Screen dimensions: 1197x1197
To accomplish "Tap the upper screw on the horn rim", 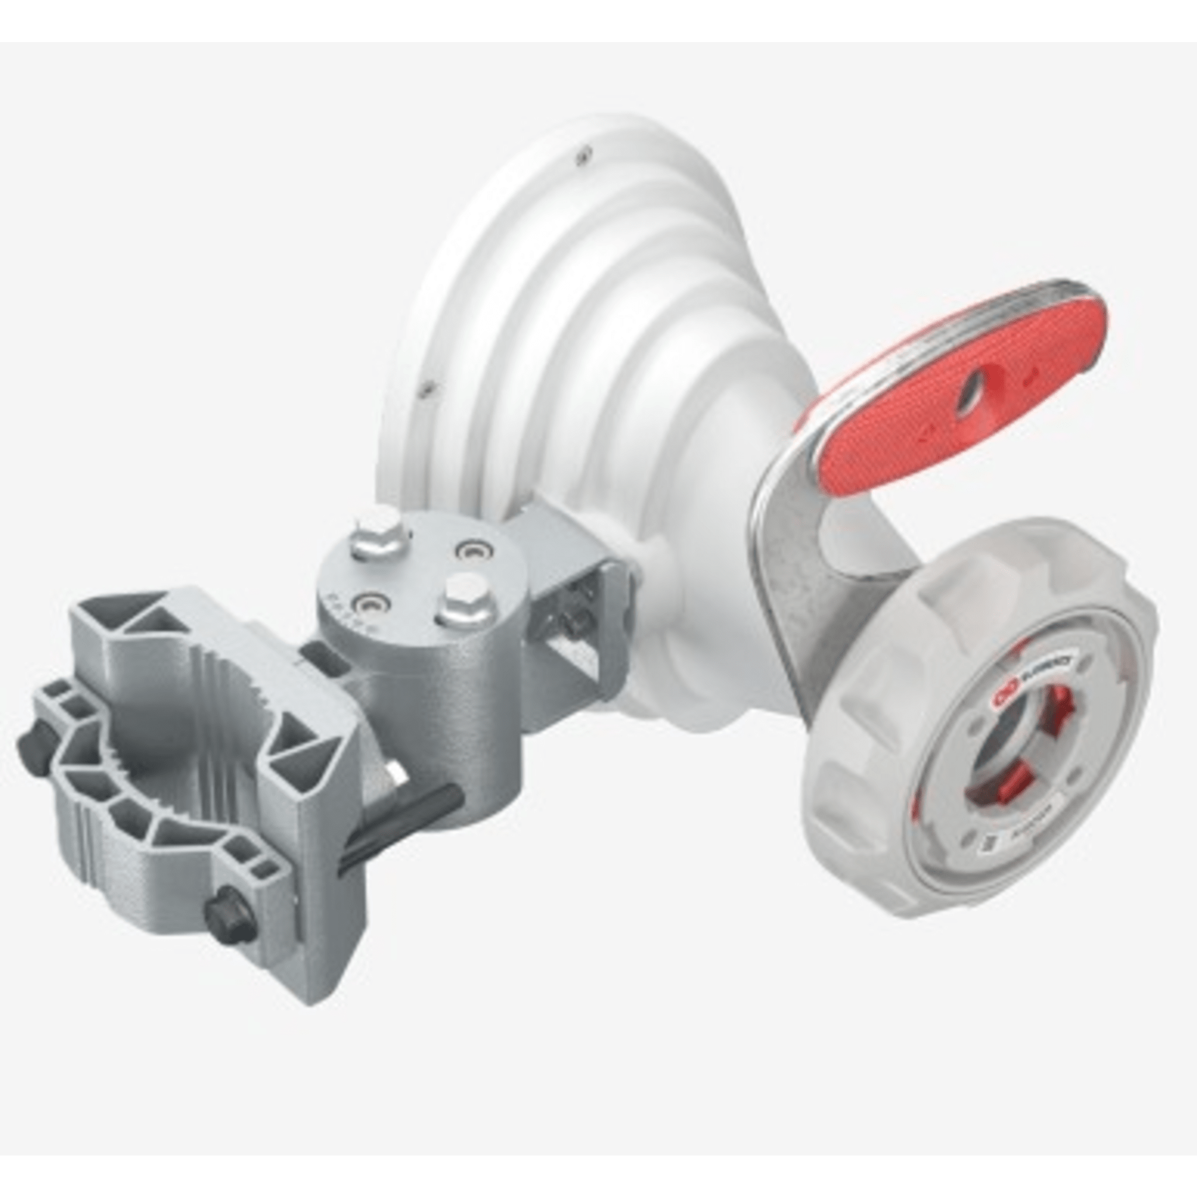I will [x=581, y=157].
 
